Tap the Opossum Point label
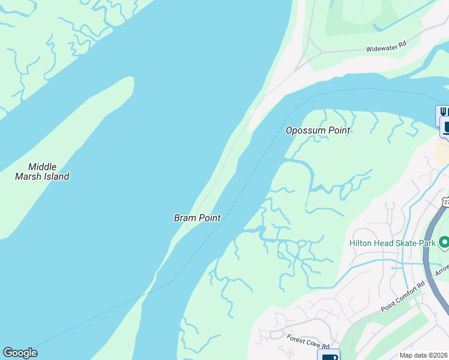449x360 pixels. click(x=318, y=130)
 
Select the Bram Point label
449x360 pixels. click(x=197, y=218)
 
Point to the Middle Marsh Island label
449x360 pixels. click(x=42, y=172)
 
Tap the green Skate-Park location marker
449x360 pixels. click(x=444, y=242)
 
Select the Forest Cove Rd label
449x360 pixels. click(x=309, y=342)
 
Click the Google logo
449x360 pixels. click(x=20, y=353)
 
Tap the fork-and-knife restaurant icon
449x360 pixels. click(x=443, y=112)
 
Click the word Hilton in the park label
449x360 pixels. click(x=362, y=243)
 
